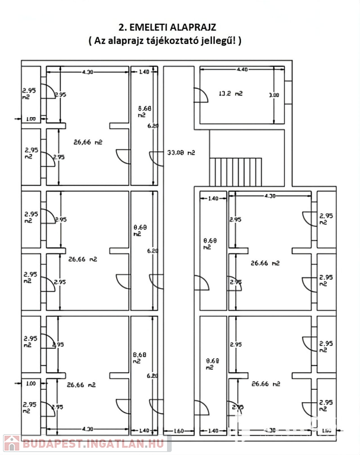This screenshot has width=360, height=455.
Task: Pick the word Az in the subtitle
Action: (103, 41)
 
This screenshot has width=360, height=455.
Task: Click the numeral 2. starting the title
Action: (123, 27)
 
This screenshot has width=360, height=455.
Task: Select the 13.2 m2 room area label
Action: (230, 93)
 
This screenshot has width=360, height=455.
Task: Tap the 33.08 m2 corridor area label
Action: (182, 153)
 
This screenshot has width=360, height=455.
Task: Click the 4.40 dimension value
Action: (242, 70)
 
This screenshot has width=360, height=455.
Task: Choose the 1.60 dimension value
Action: (178, 431)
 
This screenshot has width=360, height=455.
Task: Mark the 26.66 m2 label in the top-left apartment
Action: (88, 142)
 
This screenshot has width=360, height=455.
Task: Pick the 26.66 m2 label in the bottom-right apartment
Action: (265, 384)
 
